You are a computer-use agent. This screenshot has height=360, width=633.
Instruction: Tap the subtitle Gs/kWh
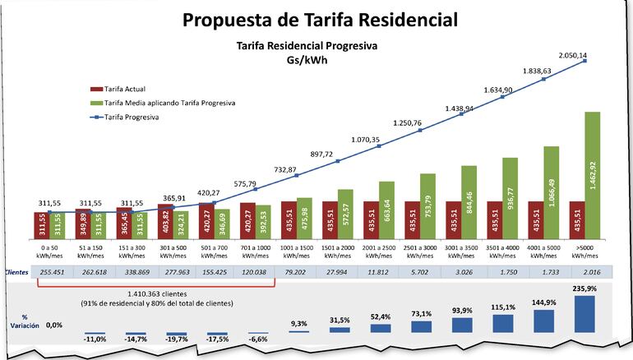point(307,61)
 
